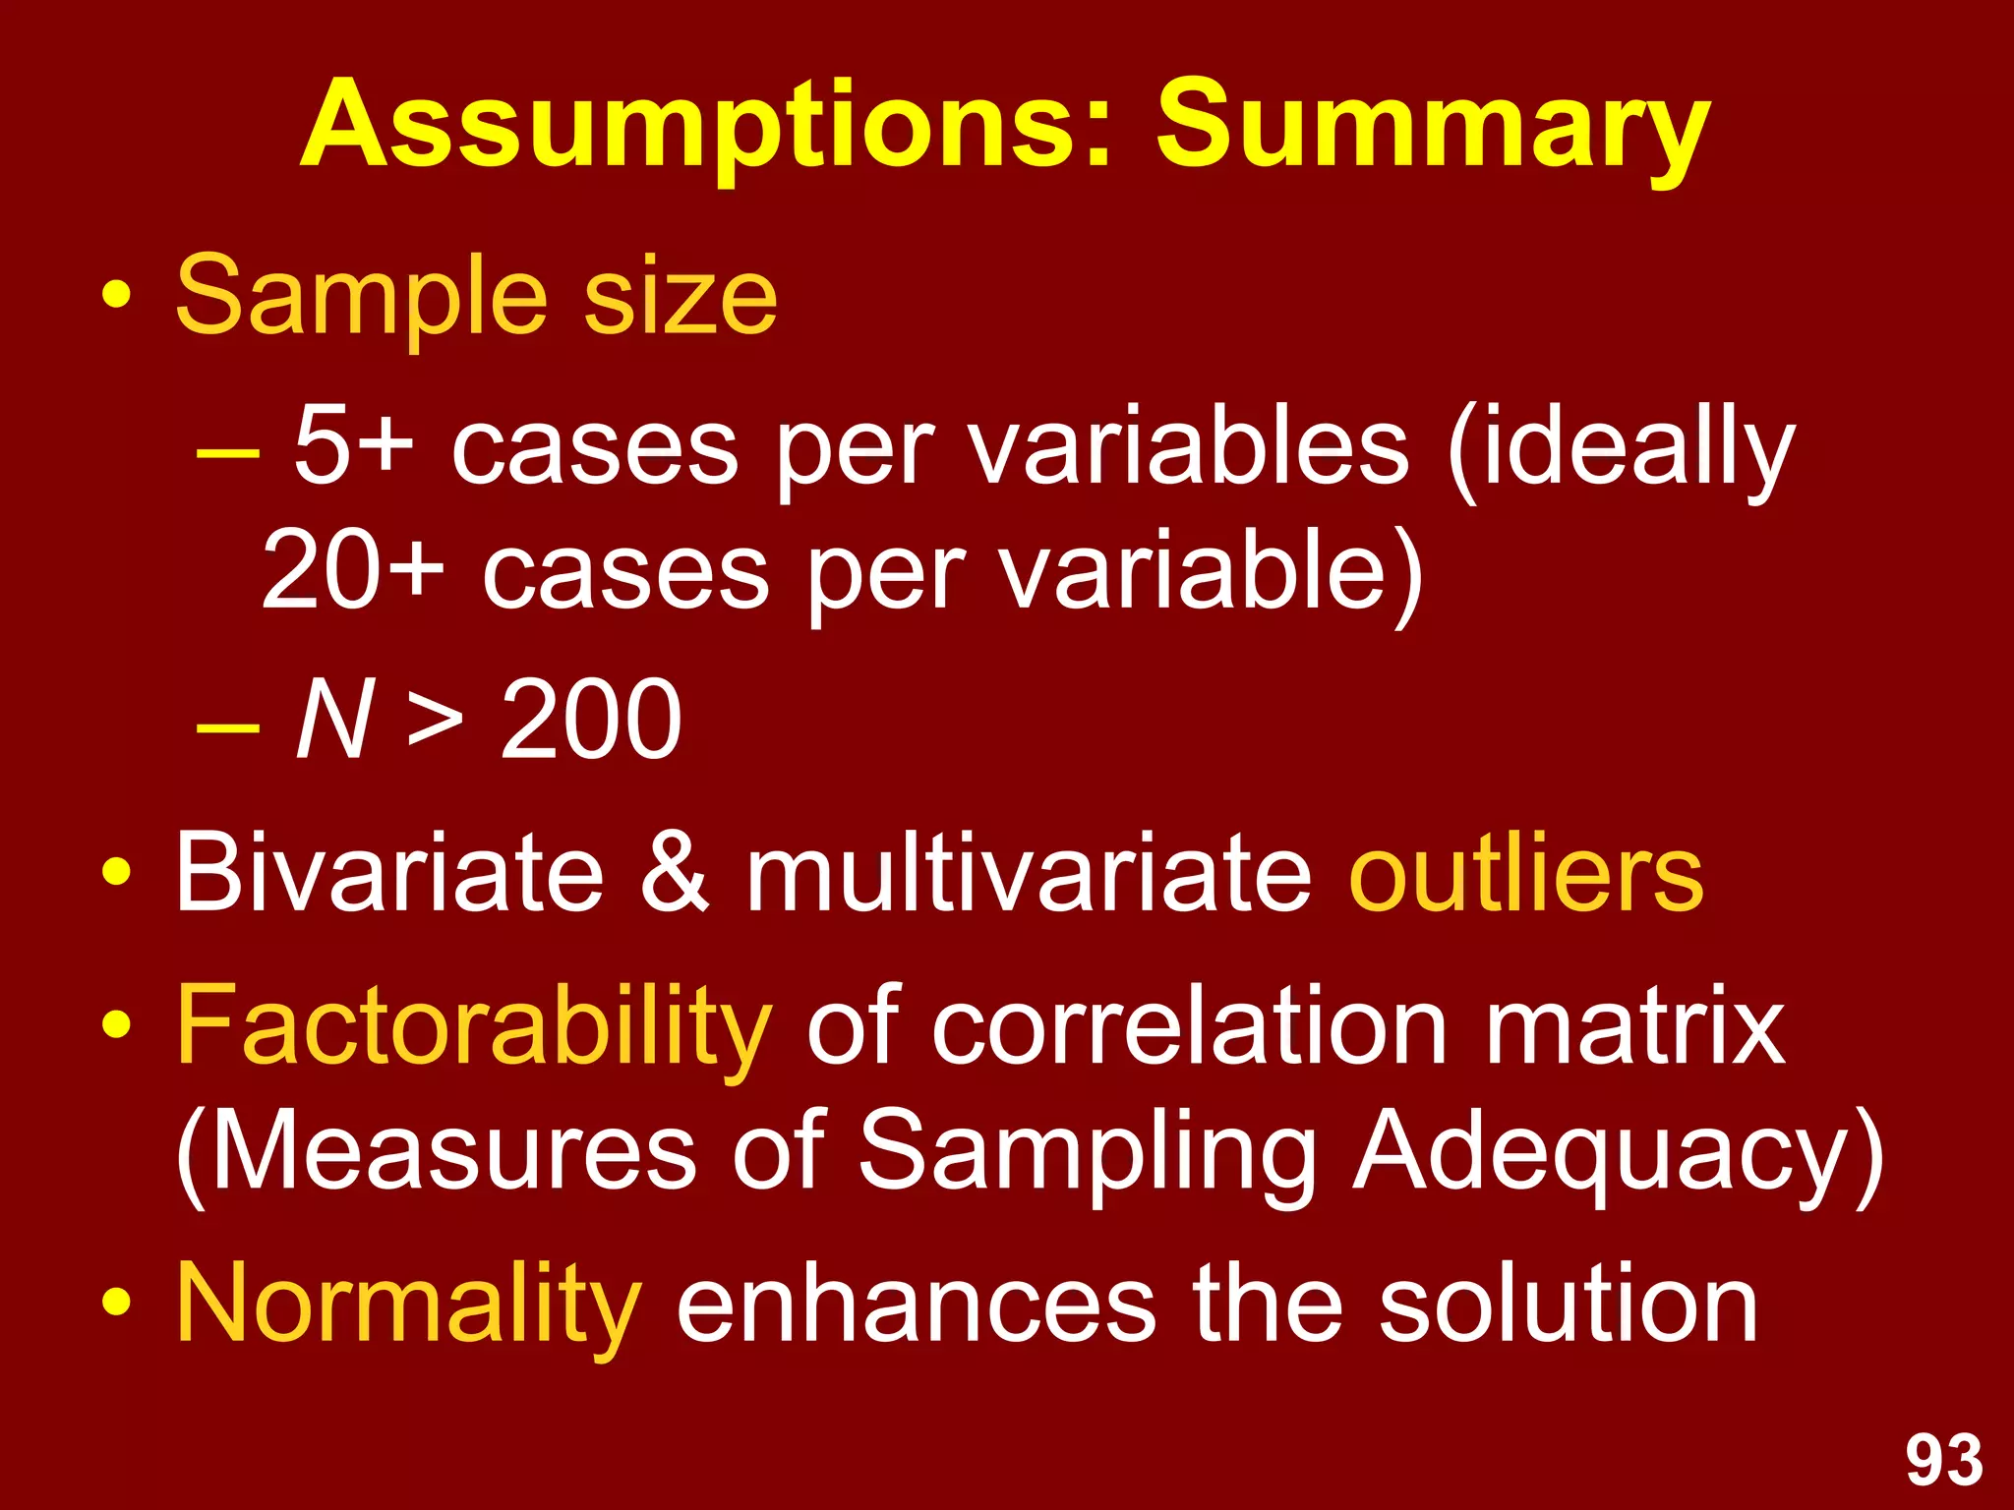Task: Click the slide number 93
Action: (x=1944, y=1460)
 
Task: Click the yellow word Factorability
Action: (x=473, y=1027)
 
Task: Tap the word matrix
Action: (x=1634, y=1027)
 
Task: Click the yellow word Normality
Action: (x=408, y=1304)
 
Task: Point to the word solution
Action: (x=1568, y=1304)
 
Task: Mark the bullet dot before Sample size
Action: (x=116, y=295)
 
